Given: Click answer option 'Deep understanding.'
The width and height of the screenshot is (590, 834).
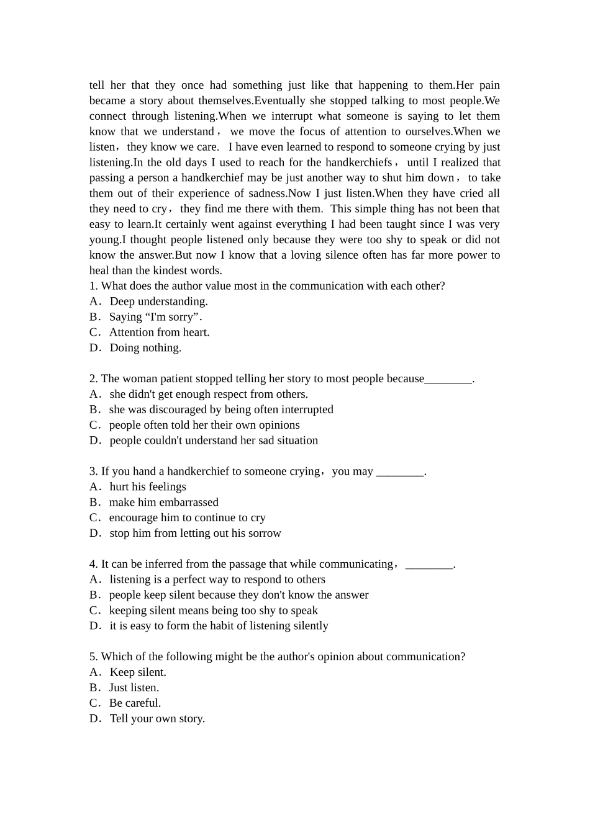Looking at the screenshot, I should (158, 302).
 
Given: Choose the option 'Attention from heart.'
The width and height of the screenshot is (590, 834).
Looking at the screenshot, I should (159, 333).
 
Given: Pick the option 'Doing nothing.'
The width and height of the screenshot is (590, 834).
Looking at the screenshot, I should (145, 348).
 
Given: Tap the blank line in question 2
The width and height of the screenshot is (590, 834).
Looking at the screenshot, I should (448, 379).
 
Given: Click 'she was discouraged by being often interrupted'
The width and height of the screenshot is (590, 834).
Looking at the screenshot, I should (220, 410).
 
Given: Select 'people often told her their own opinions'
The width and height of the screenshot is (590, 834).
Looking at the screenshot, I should (204, 425).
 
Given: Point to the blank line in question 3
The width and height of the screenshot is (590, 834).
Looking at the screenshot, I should (400, 472).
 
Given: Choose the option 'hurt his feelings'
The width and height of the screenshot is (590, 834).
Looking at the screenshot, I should (148, 487).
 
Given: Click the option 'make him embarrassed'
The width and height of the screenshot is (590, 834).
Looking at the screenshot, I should (163, 503).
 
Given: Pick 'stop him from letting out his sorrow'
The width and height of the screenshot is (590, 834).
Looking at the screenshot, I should (195, 534).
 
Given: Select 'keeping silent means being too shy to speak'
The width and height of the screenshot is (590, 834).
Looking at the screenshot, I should (213, 611).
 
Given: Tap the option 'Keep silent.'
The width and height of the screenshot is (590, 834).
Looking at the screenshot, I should (138, 673).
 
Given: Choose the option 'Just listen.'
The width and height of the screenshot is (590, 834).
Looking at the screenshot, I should (134, 688).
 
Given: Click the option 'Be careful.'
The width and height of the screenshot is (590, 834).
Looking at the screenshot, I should (135, 704).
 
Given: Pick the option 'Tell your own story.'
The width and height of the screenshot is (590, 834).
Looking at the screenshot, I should (157, 719).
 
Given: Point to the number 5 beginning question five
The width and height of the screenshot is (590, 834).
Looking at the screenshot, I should (93, 657).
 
